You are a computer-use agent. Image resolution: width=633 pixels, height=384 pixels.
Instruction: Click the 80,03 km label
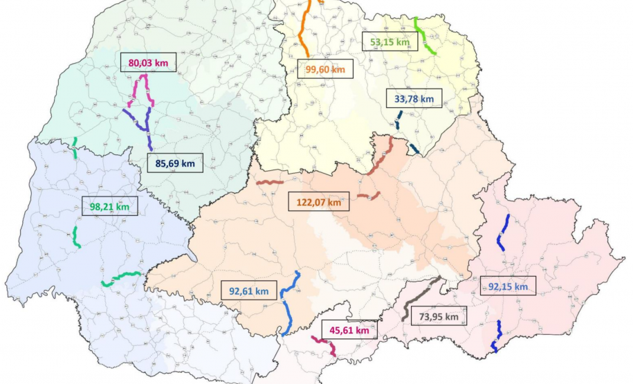148,63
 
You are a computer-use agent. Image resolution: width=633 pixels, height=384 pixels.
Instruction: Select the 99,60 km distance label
325,69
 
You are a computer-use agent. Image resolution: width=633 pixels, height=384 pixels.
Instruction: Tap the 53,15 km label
389,42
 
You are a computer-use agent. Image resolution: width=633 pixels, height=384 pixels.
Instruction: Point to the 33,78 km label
414,99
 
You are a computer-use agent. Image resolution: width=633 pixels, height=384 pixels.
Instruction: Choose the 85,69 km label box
175,164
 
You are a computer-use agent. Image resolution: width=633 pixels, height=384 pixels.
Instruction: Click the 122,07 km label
315,203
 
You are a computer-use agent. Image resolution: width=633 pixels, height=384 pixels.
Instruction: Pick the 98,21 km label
109,205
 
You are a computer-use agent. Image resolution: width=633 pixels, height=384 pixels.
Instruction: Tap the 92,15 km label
508,286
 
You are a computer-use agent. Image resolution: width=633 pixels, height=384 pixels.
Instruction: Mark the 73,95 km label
439,317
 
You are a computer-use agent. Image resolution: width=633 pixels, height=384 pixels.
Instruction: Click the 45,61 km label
348,331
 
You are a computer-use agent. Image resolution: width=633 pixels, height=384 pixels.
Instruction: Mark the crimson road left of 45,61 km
324,344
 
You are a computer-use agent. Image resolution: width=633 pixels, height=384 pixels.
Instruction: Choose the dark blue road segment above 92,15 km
503,232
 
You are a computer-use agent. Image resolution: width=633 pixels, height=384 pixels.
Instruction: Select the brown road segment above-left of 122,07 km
270,183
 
